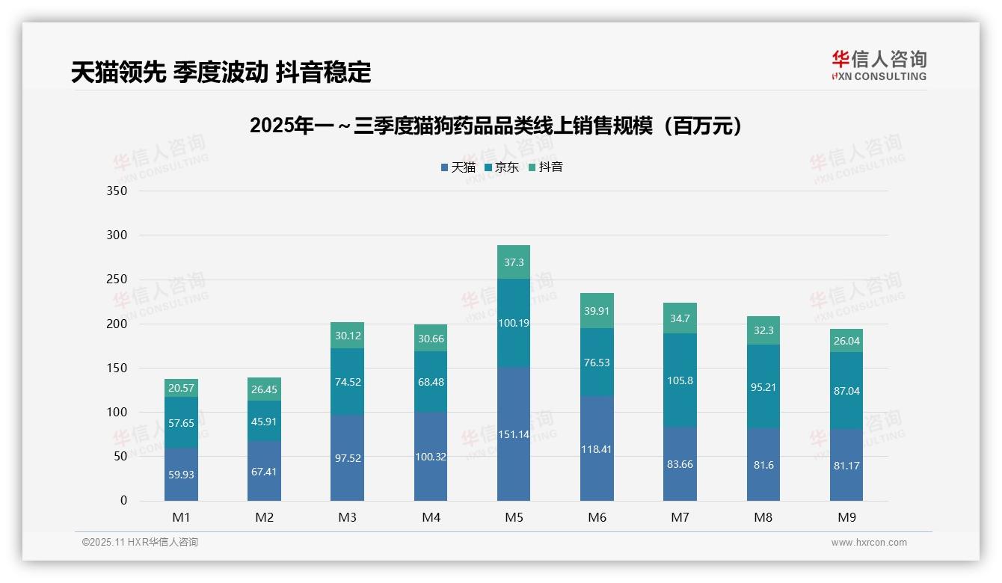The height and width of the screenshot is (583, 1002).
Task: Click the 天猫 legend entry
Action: pyautogui.click(x=458, y=167)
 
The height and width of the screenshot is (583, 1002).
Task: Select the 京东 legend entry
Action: pyautogui.click(x=502, y=167)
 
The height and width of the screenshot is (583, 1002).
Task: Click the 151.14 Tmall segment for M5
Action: pyautogui.click(x=514, y=434)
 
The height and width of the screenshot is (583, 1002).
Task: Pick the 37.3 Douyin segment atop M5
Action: pyautogui.click(x=514, y=262)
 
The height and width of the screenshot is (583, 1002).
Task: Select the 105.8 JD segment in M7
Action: pyautogui.click(x=680, y=380)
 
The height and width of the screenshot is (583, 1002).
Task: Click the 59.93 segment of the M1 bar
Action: pyautogui.click(x=181, y=474)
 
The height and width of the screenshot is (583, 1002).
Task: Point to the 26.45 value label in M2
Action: pyautogui.click(x=265, y=390)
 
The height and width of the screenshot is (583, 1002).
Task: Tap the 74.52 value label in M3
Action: pyautogui.click(x=348, y=381)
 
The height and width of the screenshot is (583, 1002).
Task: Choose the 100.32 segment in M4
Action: pyautogui.click(x=431, y=456)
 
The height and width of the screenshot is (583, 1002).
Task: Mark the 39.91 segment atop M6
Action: pyautogui.click(x=597, y=311)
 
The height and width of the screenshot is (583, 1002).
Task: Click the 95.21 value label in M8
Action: pyautogui.click(x=763, y=387)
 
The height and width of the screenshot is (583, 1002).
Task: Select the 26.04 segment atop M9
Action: pyautogui.click(x=846, y=341)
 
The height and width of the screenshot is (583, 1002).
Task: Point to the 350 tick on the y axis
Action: pyautogui.click(x=117, y=191)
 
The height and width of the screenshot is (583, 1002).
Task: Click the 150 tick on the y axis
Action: pyautogui.click(x=117, y=368)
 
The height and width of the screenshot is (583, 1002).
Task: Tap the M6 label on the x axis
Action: pyautogui.click(x=597, y=517)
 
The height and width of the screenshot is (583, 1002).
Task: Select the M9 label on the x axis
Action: pyautogui.click(x=846, y=517)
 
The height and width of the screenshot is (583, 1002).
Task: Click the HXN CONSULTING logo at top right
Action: pyautogui.click(x=879, y=66)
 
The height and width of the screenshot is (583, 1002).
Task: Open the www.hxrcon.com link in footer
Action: pyautogui.click(x=869, y=543)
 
